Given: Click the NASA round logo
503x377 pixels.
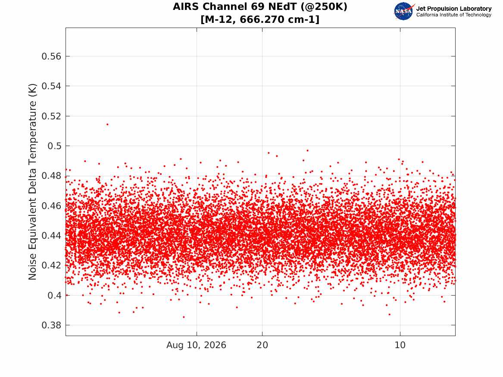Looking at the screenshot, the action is tap(403, 11).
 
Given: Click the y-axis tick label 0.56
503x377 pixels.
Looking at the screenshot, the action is tap(51, 56).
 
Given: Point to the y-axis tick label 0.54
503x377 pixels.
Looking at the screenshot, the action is tap(51, 86).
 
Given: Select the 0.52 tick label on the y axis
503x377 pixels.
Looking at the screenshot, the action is tap(51, 116).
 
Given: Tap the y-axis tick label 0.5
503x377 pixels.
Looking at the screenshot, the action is tap(54, 146).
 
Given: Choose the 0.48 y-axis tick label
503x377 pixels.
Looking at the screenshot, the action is tap(51, 176).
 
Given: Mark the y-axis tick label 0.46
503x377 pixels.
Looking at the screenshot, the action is tap(51, 206).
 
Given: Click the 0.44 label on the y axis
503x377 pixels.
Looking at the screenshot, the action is tap(51, 236).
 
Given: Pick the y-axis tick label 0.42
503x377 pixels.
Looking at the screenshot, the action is tap(51, 265).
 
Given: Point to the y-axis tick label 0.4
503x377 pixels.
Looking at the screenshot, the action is tap(54, 295).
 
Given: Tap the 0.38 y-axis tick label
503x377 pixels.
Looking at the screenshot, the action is tap(51, 325).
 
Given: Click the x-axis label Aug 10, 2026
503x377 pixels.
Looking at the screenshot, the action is tap(196, 345).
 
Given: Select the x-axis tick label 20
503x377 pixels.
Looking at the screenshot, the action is tap(262, 345).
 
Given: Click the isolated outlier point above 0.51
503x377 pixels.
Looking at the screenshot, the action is tap(107, 125).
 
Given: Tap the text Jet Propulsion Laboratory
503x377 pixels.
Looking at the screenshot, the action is tap(453, 9).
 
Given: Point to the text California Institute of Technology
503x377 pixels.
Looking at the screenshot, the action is tap(453, 15).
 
